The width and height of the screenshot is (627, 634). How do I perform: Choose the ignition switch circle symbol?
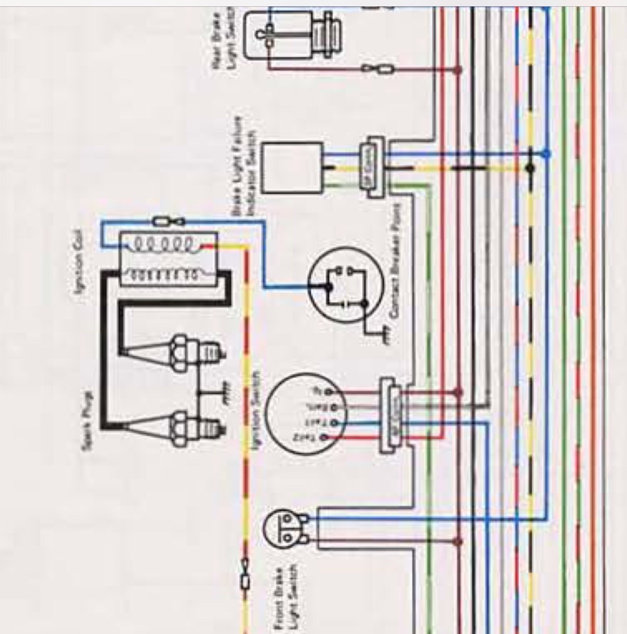(x=301, y=414)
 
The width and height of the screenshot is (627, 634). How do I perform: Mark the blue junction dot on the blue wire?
(x=547, y=154)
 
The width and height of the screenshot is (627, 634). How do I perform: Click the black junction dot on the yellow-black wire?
(x=530, y=169)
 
